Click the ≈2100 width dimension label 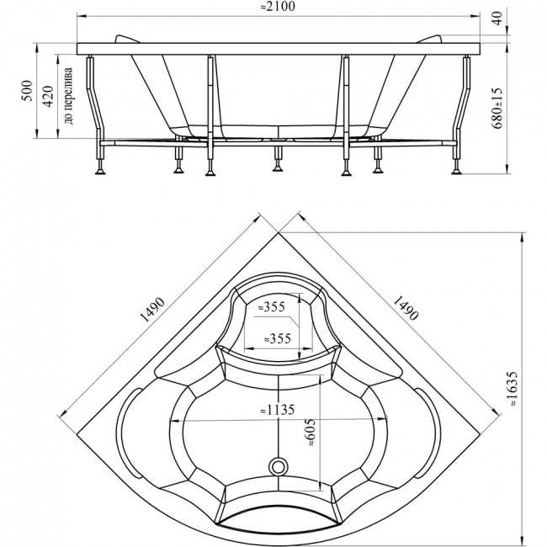(278, 6)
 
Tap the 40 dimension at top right (497, 18)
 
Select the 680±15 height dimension (497, 108)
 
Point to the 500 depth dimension (28, 91)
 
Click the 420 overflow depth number (48, 96)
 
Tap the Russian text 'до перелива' (68, 96)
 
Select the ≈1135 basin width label (278, 410)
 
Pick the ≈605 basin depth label (311, 433)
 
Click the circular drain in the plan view (279, 466)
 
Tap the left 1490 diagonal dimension (151, 309)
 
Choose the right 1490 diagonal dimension (405, 308)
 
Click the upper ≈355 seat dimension (272, 307)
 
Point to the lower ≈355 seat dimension (278, 338)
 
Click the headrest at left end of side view (126, 39)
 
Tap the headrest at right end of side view (429, 39)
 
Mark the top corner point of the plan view (279, 232)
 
